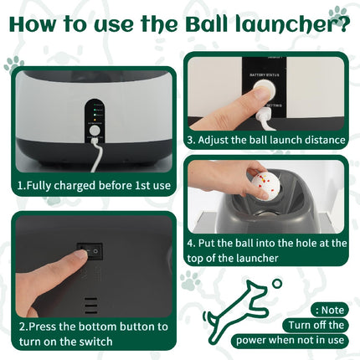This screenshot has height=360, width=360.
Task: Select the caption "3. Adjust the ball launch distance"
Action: point(266,139)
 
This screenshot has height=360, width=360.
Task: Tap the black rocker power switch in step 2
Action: point(90,249)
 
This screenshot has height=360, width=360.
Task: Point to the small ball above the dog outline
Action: point(276,284)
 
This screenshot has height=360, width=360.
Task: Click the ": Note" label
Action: point(329,308)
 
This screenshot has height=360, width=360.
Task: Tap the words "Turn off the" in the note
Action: point(314,325)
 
